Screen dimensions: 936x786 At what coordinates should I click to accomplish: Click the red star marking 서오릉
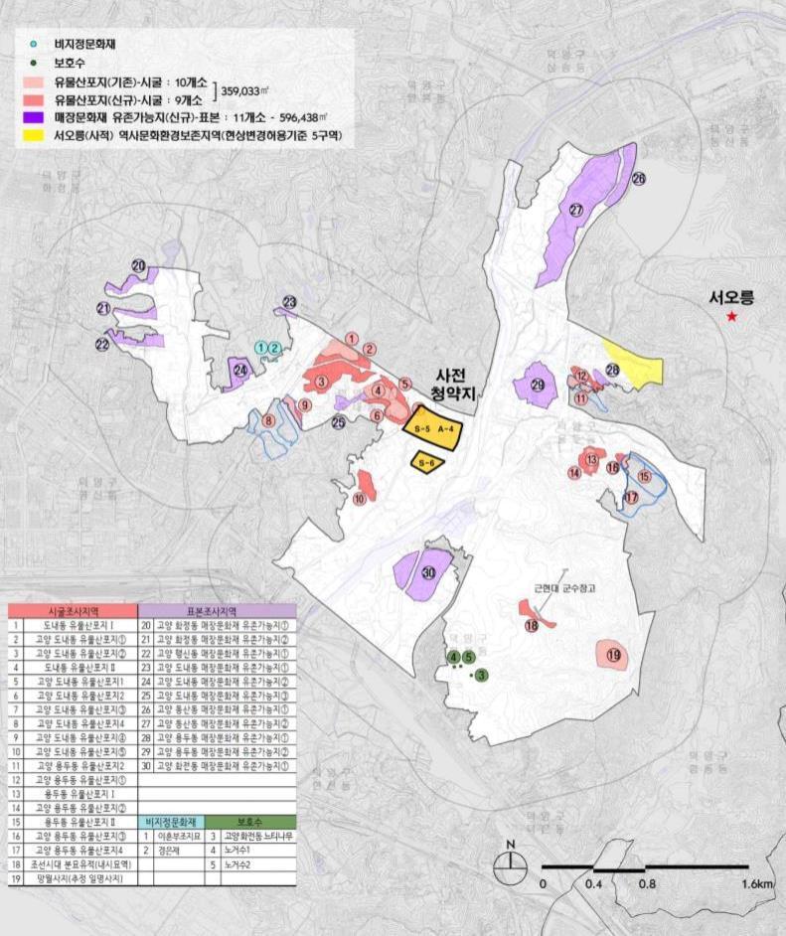coord(732,317)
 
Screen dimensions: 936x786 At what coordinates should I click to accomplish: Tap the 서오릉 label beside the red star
coord(732,296)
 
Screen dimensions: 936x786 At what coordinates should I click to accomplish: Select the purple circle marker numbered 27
coord(576,210)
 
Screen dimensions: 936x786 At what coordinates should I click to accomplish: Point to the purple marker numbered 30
coord(429,573)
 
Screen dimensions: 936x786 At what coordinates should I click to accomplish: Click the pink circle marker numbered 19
coord(613,655)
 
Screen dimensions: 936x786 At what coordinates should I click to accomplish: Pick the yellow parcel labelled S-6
coord(425,463)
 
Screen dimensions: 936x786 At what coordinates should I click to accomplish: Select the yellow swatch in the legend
coord(41,136)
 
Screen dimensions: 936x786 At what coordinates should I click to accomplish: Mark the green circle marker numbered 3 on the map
coord(482,676)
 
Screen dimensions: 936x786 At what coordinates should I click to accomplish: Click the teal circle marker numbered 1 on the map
coord(261,347)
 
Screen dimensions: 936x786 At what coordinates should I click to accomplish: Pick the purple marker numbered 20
coord(139,266)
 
